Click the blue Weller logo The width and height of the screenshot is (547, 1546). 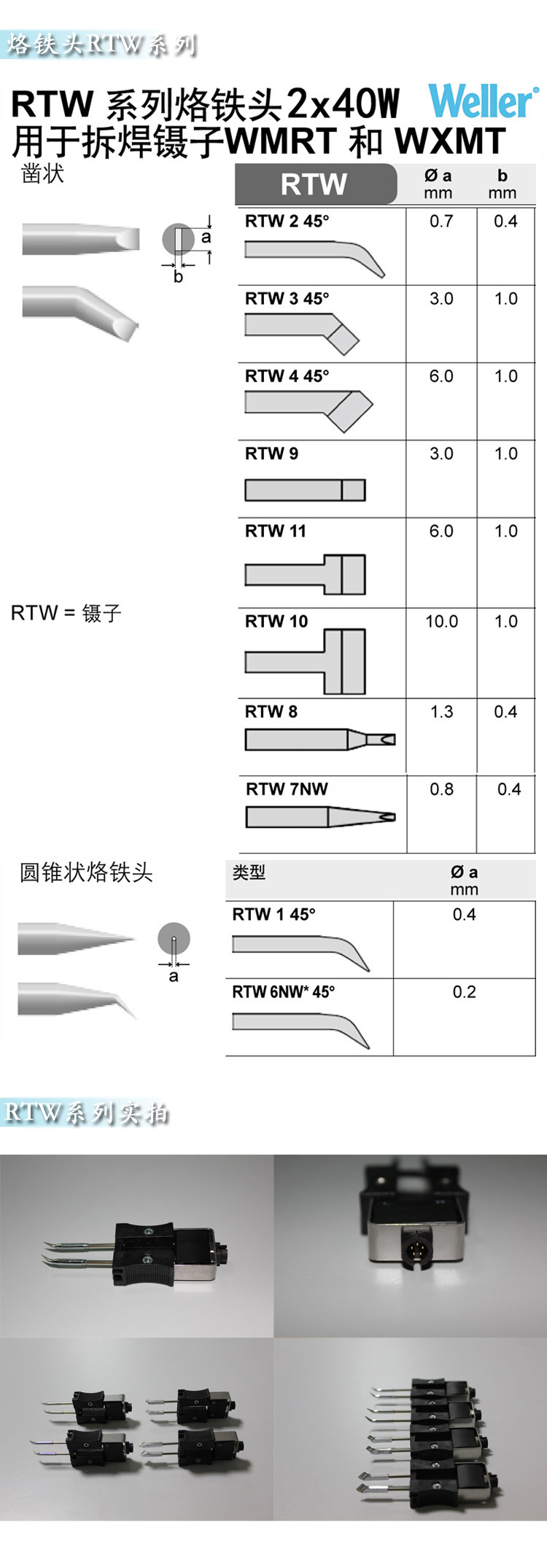pyautogui.click(x=484, y=101)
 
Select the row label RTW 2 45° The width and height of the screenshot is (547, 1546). pyautogui.click(x=287, y=221)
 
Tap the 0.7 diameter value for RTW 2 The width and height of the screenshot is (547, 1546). pyautogui.click(x=441, y=221)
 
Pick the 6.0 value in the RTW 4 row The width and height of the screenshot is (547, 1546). pyautogui.click(x=441, y=376)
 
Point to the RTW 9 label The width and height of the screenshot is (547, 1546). pyautogui.click(x=271, y=453)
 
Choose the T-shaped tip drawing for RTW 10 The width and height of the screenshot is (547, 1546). pyautogui.click(x=305, y=661)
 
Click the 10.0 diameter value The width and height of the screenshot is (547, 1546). pyautogui.click(x=442, y=621)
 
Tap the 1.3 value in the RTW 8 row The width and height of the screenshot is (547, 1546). pyautogui.click(x=441, y=711)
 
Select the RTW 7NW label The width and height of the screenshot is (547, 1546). pyautogui.click(x=287, y=789)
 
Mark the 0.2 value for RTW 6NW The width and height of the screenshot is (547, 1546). pyautogui.click(x=464, y=991)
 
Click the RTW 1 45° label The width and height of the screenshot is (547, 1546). pyautogui.click(x=273, y=914)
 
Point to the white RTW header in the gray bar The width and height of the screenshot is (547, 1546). pyautogui.click(x=314, y=184)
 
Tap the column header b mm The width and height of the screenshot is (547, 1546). pyautogui.click(x=502, y=184)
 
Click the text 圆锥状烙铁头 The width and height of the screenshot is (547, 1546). pyautogui.click(x=86, y=872)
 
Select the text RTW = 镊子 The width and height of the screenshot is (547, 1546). pyautogui.click(x=66, y=613)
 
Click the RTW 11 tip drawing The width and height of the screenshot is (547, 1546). pyautogui.click(x=305, y=574)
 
